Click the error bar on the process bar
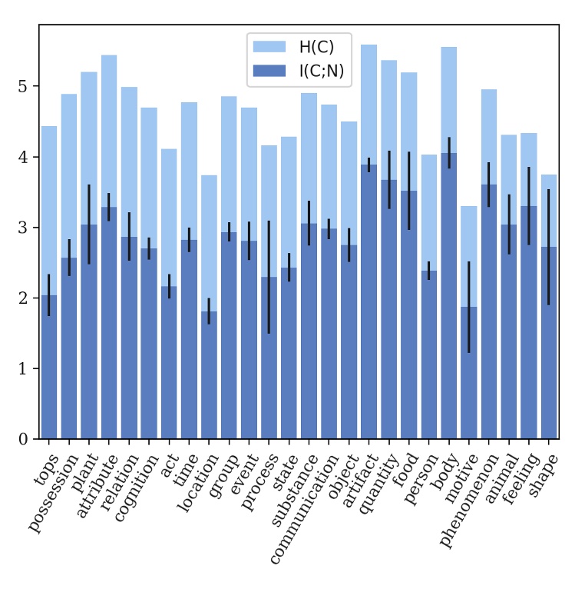tap(269, 277)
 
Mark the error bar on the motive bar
tap(468, 307)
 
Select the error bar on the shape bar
tap(548, 247)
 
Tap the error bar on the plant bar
tap(89, 224)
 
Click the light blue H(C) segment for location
tap(209, 242)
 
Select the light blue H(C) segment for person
tap(428, 211)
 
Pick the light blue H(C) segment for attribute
tap(109, 131)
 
